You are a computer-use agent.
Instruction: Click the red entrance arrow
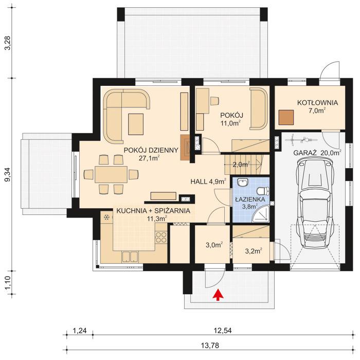[218, 294]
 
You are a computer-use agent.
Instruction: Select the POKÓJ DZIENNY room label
[151, 150]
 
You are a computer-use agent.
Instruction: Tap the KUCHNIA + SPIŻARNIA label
[153, 211]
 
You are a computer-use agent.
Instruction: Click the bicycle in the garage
[299, 139]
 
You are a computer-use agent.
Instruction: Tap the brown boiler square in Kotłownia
[286, 118]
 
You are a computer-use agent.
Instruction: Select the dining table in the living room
[111, 175]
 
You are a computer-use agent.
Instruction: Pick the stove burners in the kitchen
[160, 238]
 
